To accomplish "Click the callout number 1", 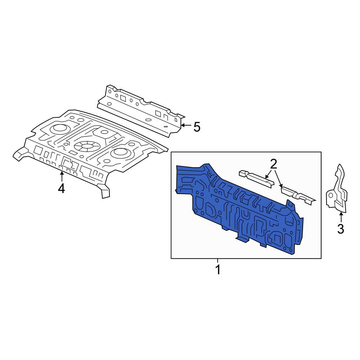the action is pos(218,270).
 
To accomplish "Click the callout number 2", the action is pos(274,165).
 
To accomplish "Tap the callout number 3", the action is pos(341,229).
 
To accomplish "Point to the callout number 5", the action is pos(197,127).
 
